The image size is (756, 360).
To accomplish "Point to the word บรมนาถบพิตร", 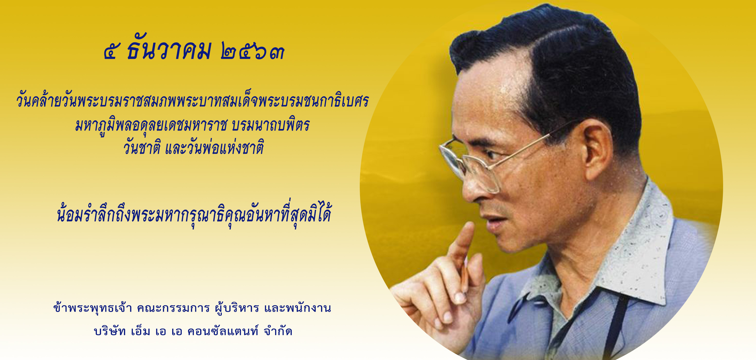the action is [270, 125].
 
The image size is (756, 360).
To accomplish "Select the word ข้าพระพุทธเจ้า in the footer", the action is [93, 308].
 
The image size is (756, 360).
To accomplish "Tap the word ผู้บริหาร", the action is [237, 308].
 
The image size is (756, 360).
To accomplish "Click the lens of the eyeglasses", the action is [454, 155].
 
